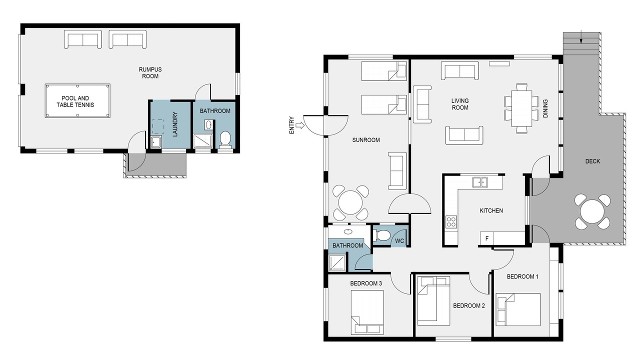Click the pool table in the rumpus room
point(77,100)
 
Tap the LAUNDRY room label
point(175,124)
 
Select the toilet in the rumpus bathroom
point(225,139)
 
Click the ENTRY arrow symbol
point(299,125)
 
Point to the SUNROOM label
point(366,140)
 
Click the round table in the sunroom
point(350,202)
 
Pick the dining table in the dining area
point(521,108)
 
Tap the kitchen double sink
point(480,182)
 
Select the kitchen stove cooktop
point(451,221)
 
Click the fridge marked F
point(487,238)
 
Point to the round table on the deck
point(592,211)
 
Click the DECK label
point(592,161)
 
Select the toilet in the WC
point(382,235)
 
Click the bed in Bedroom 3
point(367,312)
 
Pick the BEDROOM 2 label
point(469,305)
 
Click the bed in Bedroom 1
point(518,309)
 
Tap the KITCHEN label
point(491,210)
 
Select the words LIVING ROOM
point(460,104)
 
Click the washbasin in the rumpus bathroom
point(208,125)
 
